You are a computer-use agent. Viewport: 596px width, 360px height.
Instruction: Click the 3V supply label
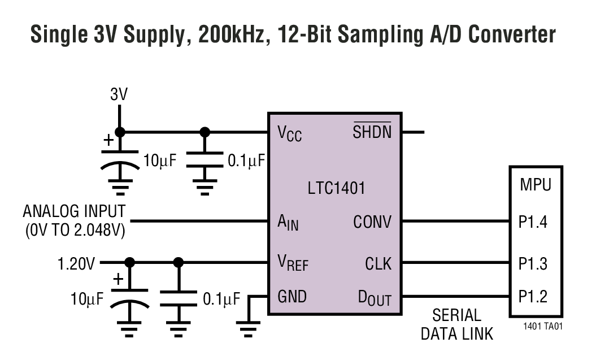point(119,94)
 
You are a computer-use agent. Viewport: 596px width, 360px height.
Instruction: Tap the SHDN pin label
point(372,132)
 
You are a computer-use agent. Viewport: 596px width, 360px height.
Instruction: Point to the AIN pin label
point(288,223)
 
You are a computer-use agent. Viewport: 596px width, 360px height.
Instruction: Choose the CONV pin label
point(372,222)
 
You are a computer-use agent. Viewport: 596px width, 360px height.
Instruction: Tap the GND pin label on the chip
point(292,296)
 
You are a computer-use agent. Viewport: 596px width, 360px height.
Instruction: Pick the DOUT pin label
point(374,297)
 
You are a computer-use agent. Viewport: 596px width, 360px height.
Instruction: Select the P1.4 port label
point(533,222)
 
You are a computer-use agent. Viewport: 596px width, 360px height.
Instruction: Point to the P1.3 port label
point(533,263)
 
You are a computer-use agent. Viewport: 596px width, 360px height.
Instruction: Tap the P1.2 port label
point(533,296)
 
